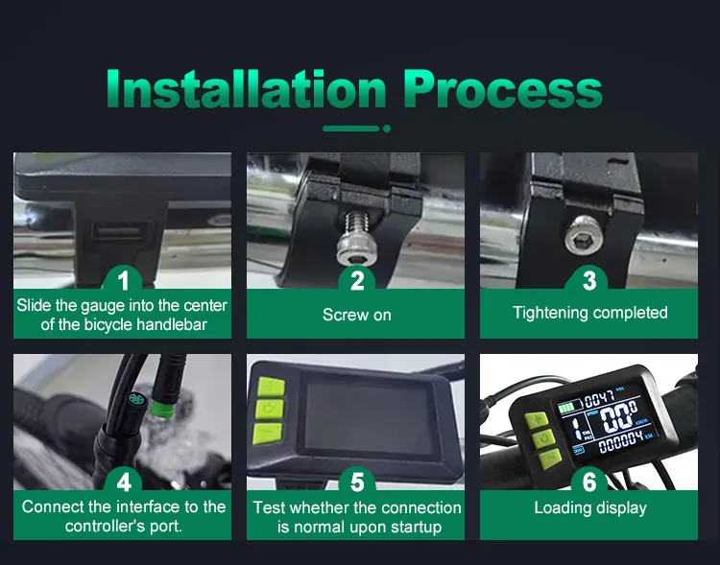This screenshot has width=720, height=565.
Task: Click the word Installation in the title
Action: (x=246, y=88)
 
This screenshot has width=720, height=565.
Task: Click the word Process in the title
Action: (x=503, y=89)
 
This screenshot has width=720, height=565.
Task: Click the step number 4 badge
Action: (x=124, y=482)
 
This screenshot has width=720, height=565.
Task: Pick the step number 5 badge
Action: (x=357, y=482)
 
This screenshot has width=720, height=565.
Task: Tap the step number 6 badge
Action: (x=589, y=482)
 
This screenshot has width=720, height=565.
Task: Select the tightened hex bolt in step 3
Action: (x=583, y=235)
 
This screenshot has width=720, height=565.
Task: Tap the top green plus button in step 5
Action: (x=271, y=387)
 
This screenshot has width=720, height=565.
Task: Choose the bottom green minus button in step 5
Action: (x=267, y=434)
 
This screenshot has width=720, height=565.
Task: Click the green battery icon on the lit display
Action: (x=566, y=407)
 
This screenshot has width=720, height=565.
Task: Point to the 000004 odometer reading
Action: (x=620, y=442)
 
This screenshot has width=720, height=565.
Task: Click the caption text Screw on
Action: (x=357, y=315)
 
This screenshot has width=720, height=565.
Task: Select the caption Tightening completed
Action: (x=590, y=313)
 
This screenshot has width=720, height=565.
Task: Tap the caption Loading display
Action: (x=590, y=507)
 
